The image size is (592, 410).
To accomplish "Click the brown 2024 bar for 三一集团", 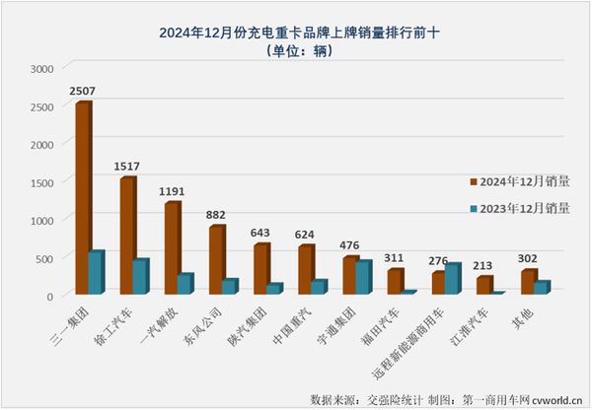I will [x=82, y=197].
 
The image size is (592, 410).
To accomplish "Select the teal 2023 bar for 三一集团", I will [x=96, y=273].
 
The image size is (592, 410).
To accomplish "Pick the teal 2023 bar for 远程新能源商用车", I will [x=452, y=279].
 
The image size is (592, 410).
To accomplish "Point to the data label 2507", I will [x=84, y=91].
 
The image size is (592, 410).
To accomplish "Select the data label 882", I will [x=217, y=215].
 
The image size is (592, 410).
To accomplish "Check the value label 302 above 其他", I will [x=529, y=259].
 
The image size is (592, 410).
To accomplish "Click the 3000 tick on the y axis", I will [x=41, y=69].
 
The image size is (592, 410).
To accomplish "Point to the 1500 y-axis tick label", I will [x=41, y=182].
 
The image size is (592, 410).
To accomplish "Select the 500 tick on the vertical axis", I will [x=44, y=257].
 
